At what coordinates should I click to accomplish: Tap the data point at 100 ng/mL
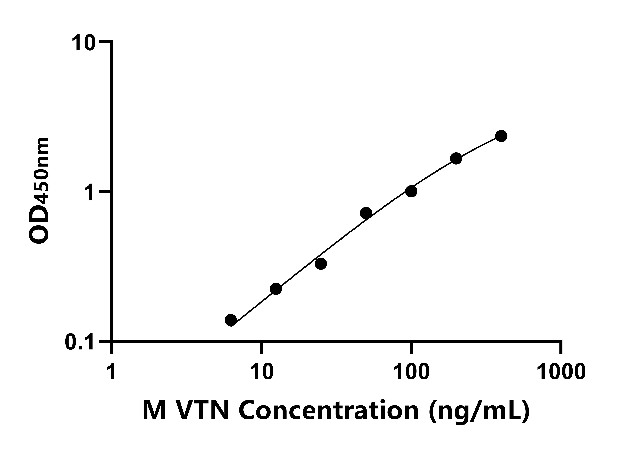(411, 191)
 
